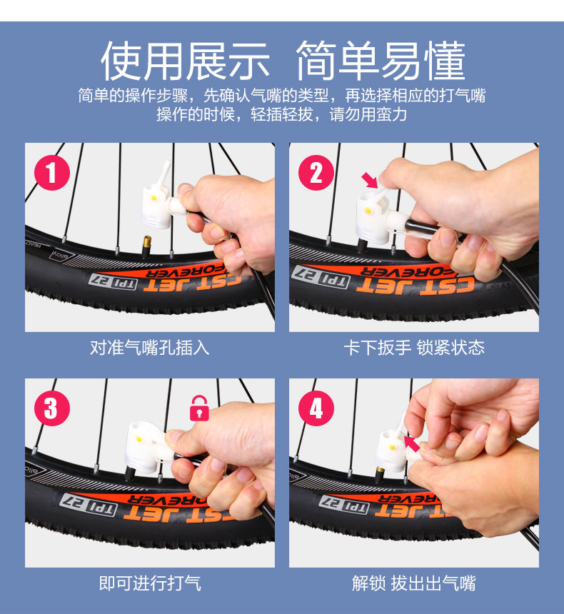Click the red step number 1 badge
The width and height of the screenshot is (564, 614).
tap(51, 173)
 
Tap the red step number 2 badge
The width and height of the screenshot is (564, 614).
tap(316, 173)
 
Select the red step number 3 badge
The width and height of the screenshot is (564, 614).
tap(51, 408)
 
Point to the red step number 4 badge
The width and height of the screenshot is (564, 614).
tap(316, 408)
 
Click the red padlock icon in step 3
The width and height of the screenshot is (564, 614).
tap(199, 408)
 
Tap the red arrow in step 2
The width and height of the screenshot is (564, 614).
tap(369, 180)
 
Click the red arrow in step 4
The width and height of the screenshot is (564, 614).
tap(412, 444)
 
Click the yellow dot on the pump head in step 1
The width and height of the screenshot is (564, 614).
tap(154, 198)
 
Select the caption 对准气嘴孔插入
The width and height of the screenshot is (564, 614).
tap(150, 348)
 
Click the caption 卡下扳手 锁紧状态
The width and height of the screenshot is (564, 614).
tap(414, 348)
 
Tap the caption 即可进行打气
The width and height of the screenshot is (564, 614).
tap(150, 583)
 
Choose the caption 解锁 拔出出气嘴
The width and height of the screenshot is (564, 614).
tap(414, 583)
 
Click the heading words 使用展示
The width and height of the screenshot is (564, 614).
tap(185, 61)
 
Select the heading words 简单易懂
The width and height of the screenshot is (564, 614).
tap(381, 61)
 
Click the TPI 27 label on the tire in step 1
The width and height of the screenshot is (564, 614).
tap(113, 282)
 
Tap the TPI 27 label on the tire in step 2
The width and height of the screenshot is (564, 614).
tap(321, 276)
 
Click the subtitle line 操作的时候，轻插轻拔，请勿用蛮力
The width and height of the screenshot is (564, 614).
tap(281, 114)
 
